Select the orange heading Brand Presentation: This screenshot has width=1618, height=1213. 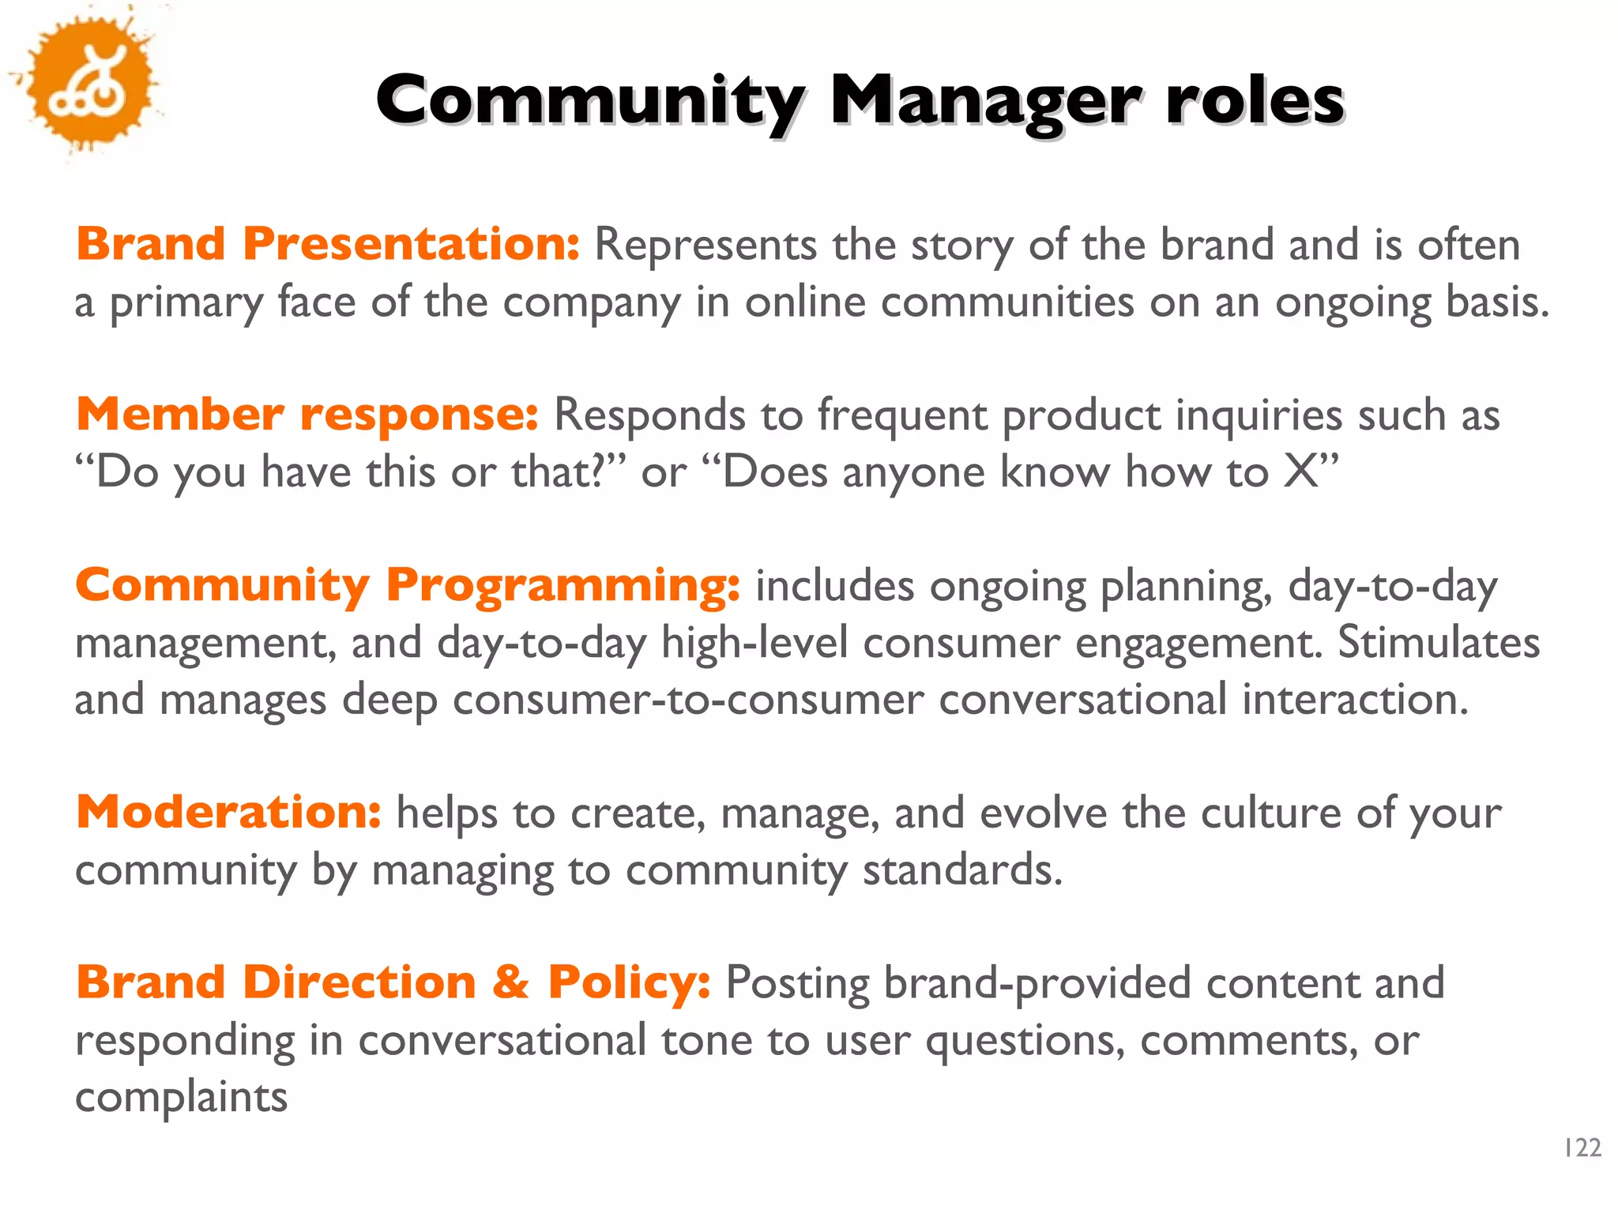point(328,243)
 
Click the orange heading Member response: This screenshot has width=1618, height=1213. point(307,414)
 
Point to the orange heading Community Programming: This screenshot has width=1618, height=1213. point(408,585)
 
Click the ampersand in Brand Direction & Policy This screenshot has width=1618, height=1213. point(510,982)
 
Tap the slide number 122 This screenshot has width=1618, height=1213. point(1582,1147)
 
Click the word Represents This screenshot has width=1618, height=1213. point(705,245)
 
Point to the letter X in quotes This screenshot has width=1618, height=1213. point(1300,471)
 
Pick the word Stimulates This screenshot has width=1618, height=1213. point(1438,642)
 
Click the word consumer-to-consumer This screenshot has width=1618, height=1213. point(687,700)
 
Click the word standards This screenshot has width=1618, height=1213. point(961,870)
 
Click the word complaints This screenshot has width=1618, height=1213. point(181,1098)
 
